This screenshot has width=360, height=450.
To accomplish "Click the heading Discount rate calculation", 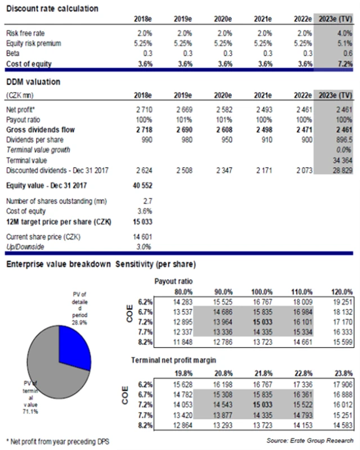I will point(51,8).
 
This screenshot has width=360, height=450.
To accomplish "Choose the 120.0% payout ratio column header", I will point(343,292).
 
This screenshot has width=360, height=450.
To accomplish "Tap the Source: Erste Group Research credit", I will point(310,440).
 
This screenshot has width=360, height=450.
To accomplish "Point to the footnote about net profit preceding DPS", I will point(56,440).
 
